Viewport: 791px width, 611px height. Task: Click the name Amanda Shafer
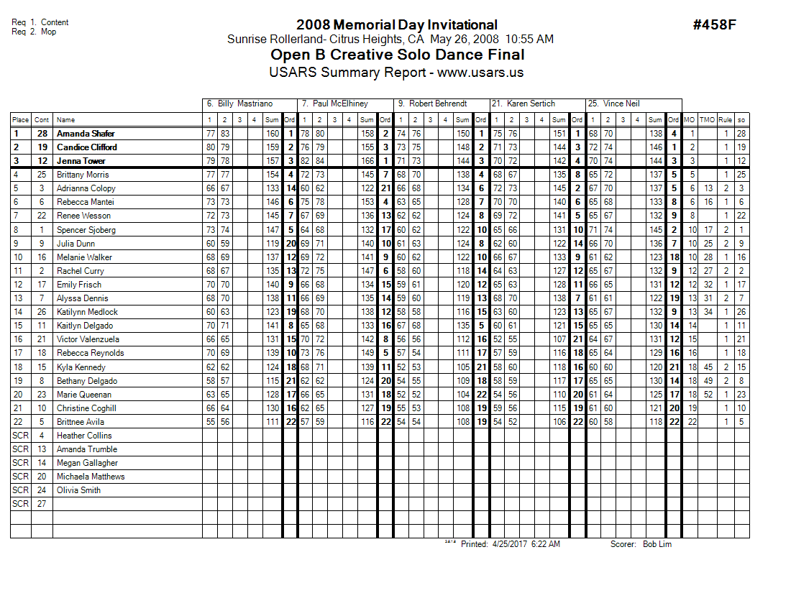pyautogui.click(x=86, y=134)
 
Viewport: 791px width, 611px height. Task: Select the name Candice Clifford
pyautogui.click(x=87, y=147)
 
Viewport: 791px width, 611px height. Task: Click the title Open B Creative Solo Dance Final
pyautogui.click(x=397, y=55)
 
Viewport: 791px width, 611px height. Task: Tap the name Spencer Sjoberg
pyautogui.click(x=86, y=230)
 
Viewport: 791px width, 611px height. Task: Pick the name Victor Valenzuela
pyautogui.click(x=88, y=339)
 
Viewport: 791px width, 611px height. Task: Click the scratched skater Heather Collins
pyautogui.click(x=84, y=436)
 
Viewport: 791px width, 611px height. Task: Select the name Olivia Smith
pyautogui.click(x=79, y=490)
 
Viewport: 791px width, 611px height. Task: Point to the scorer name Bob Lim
pyautogui.click(x=657, y=544)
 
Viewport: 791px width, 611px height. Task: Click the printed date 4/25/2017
pyautogui.click(x=509, y=544)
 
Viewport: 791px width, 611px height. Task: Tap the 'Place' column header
pyautogui.click(x=20, y=120)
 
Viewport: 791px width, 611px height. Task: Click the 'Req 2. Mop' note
pyautogui.click(x=34, y=32)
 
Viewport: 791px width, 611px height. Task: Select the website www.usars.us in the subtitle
pyautogui.click(x=480, y=73)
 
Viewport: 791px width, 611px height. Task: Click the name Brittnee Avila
pyautogui.click(x=81, y=422)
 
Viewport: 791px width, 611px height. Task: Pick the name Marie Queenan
pyautogui.click(x=84, y=395)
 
